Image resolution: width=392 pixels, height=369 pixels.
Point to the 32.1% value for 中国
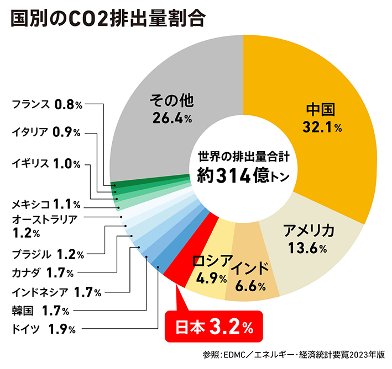pyautogui.click(x=322, y=128)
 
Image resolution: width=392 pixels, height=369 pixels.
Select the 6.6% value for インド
pyautogui.click(x=250, y=286)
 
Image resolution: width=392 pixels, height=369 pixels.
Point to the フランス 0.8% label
pyautogui.click(x=47, y=103)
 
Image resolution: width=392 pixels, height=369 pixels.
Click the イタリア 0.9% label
pyautogui.click(x=47, y=132)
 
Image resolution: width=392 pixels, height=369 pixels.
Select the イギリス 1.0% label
pyautogui.click(x=47, y=163)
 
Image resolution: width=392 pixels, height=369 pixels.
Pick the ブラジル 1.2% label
pyautogui.click(x=48, y=254)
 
